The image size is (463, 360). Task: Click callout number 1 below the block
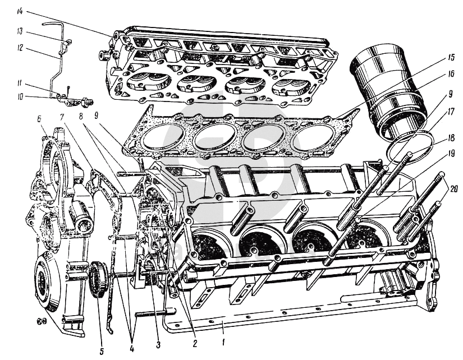223,342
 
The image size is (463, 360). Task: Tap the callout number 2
194,343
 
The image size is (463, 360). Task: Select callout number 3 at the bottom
158,345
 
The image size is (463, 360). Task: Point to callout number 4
131,348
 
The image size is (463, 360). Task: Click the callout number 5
101,352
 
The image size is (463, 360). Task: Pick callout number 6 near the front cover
39,119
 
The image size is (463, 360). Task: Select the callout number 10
20,96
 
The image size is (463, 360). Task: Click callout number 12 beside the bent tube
20,47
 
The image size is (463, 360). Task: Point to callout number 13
20,31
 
